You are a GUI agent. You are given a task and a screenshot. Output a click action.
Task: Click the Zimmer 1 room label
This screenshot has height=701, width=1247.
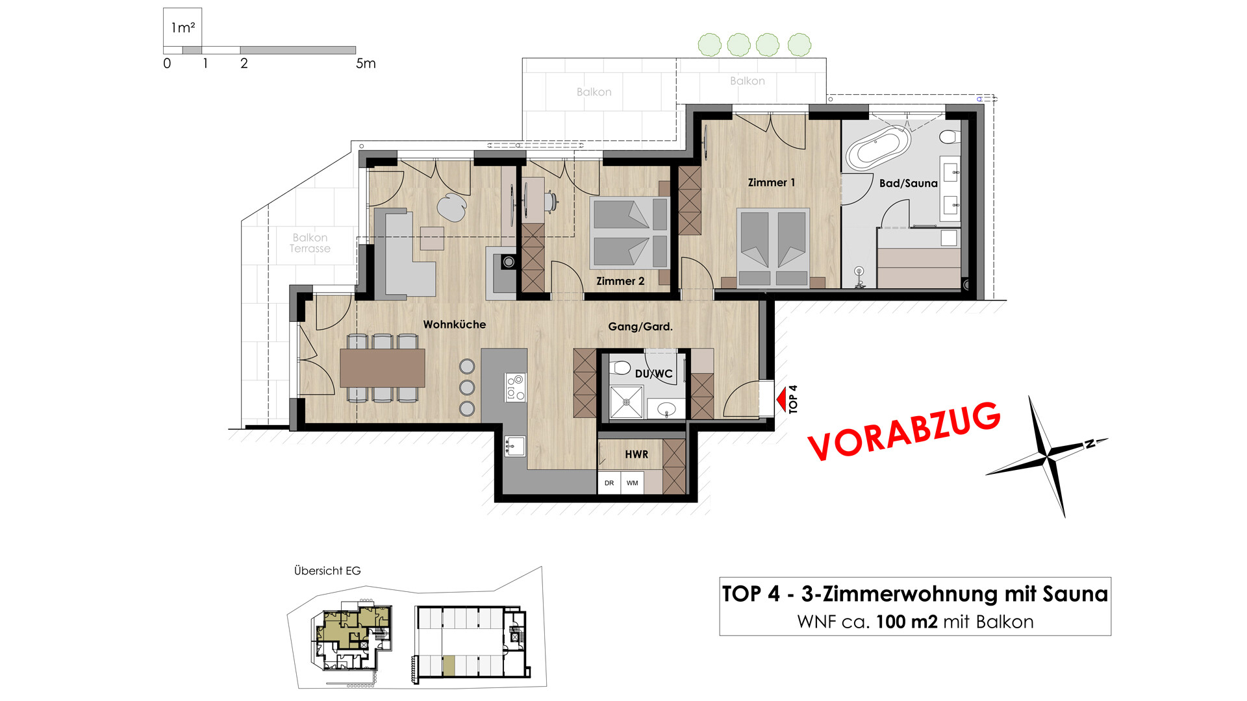[x=771, y=182]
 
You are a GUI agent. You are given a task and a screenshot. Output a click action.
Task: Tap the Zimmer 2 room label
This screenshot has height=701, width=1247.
[x=620, y=281]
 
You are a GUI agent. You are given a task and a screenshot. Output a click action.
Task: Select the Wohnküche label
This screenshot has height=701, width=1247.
[x=455, y=325]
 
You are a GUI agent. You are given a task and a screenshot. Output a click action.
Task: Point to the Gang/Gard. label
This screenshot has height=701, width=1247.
[x=640, y=326]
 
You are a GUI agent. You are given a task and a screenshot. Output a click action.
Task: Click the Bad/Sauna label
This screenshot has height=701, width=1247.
[x=909, y=184]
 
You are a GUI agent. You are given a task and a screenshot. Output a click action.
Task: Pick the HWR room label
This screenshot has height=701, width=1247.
[x=636, y=454]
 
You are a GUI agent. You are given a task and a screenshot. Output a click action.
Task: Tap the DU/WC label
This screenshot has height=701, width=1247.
[x=653, y=374]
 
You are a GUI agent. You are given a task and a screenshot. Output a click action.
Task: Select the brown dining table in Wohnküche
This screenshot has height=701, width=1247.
[x=383, y=368]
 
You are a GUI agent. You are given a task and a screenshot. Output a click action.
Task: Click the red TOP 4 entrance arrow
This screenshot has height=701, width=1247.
[x=781, y=399]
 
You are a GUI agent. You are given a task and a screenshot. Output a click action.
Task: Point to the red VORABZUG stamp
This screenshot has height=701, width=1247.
[x=903, y=431]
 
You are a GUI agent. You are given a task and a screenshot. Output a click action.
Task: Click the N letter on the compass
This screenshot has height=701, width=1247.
[x=1089, y=444]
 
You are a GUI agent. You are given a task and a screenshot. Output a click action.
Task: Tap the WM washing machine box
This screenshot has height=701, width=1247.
[x=632, y=483]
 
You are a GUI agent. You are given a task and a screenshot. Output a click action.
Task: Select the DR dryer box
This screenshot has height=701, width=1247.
[x=609, y=483]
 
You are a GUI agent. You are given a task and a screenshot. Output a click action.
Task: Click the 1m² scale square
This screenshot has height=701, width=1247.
[x=183, y=27]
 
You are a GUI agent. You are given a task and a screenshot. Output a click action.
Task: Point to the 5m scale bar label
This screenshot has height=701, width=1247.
[x=366, y=64]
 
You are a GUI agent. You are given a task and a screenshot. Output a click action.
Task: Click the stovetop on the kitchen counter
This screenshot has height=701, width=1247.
[x=516, y=387]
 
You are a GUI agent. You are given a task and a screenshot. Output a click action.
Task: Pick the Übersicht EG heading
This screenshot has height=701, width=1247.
[x=327, y=571]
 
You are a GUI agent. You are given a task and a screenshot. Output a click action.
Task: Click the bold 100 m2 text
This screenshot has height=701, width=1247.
[x=907, y=622]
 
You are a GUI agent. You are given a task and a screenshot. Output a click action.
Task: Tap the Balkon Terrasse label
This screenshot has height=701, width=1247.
[x=310, y=243]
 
